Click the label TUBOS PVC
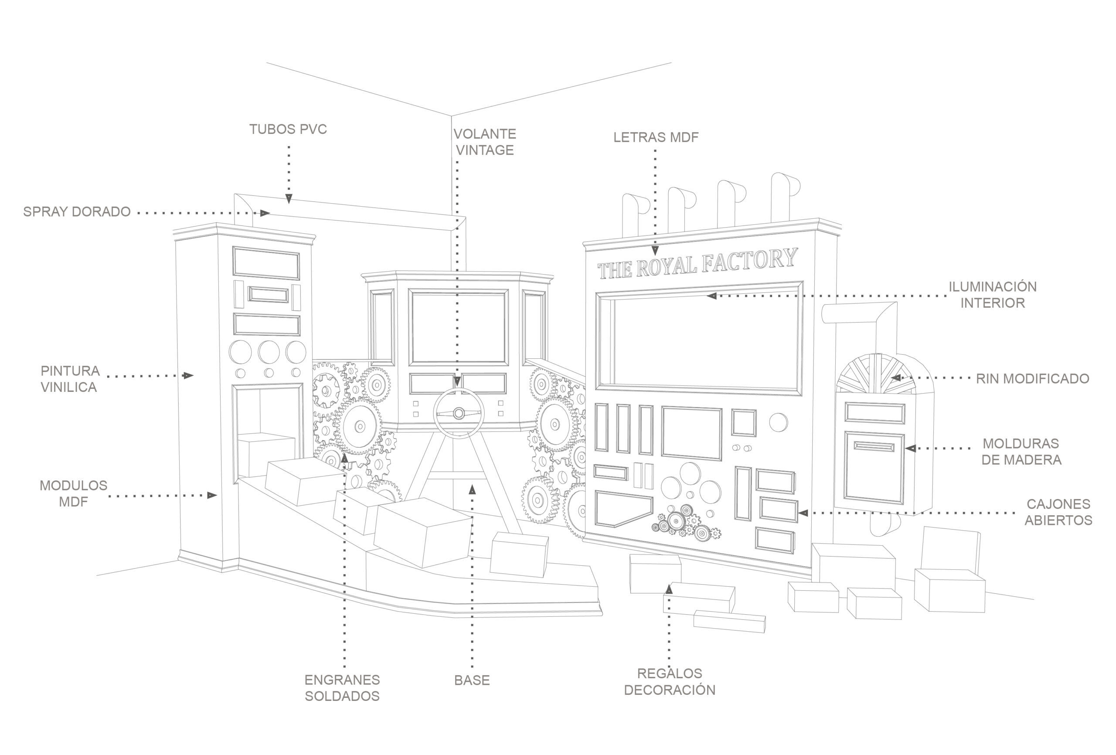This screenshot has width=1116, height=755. [x=288, y=129]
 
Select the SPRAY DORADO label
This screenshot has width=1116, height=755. [x=77, y=212]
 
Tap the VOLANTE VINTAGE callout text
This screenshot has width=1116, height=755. [x=484, y=142]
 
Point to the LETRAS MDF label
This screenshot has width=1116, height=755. [x=656, y=137]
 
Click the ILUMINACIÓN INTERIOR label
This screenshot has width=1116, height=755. [x=993, y=294]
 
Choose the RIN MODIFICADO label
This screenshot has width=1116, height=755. [x=1032, y=378]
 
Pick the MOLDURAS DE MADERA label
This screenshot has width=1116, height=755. [x=1021, y=452]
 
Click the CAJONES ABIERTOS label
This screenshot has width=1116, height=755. [x=1058, y=512]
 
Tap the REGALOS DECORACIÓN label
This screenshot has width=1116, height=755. [x=670, y=681]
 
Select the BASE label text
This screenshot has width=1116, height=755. [x=472, y=680]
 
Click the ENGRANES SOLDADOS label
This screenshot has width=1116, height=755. [x=342, y=688]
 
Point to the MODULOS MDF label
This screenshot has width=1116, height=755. [x=74, y=493]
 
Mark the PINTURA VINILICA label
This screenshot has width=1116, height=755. [x=70, y=378]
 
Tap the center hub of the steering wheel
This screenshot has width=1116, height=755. [x=459, y=413]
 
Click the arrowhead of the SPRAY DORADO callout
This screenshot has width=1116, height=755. [x=265, y=213]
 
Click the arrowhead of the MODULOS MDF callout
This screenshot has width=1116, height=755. [x=212, y=495]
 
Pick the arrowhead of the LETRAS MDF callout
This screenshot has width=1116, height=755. [x=655, y=250]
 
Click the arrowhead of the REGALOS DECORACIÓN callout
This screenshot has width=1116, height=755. [x=669, y=589]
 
